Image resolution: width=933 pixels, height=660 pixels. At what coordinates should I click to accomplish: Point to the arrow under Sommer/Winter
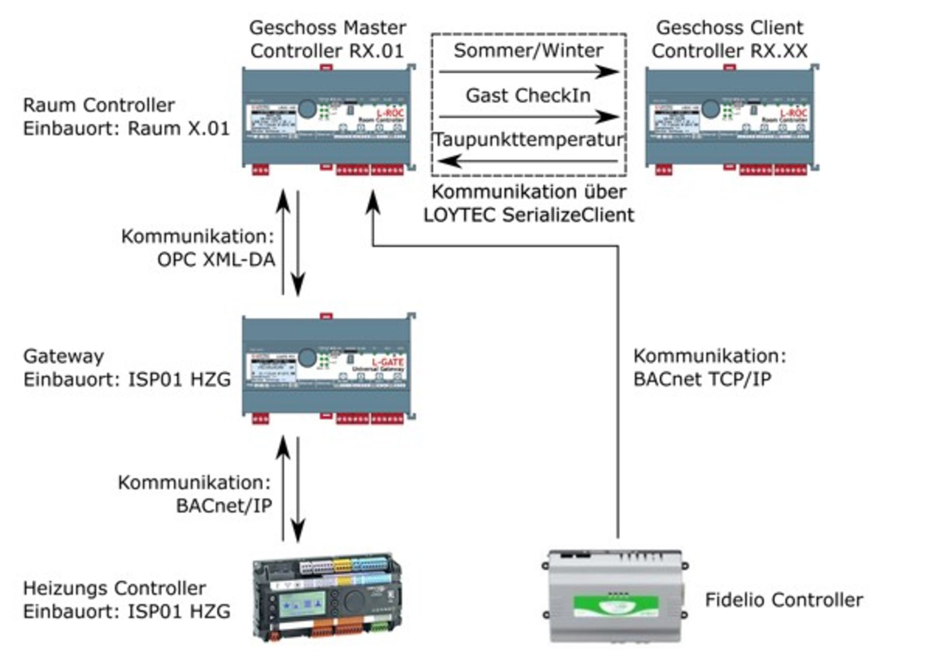click(x=528, y=72)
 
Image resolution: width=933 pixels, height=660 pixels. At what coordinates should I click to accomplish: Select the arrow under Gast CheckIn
click(x=528, y=117)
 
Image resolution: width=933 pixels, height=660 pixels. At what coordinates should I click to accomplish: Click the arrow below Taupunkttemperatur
click(x=528, y=161)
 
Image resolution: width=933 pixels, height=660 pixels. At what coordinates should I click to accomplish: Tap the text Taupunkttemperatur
click(x=528, y=140)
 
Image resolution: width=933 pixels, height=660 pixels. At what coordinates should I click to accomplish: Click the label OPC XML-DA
click(x=216, y=260)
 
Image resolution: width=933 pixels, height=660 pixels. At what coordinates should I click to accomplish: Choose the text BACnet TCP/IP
click(x=702, y=379)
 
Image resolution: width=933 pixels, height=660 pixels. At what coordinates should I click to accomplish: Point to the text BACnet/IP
click(x=224, y=506)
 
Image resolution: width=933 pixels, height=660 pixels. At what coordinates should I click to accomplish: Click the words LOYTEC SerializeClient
click(x=529, y=215)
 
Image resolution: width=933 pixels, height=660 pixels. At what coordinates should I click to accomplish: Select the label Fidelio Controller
click(x=784, y=600)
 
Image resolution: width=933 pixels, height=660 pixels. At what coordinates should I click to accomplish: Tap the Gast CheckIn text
click(x=528, y=95)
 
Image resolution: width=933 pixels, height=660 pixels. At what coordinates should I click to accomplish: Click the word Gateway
click(x=64, y=356)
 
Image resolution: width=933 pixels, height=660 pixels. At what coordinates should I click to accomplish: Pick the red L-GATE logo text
click(x=388, y=362)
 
